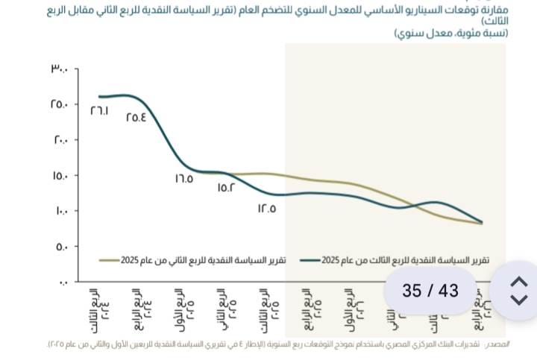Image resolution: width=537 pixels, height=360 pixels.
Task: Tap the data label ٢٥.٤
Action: tap(136, 116)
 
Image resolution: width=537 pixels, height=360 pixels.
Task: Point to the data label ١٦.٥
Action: tap(184, 179)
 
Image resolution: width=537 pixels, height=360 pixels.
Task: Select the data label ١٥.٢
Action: tap(226, 188)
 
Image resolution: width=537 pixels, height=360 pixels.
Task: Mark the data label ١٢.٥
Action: tap(267, 209)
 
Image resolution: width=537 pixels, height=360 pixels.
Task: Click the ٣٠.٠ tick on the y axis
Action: tap(60, 69)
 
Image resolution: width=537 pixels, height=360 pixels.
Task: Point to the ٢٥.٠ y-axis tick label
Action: tap(60, 104)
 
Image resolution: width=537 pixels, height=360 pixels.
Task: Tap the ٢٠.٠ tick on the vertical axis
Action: tap(60, 140)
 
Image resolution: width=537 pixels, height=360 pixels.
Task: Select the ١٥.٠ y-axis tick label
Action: tap(60, 176)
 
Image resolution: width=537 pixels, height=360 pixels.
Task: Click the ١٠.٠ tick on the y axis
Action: tap(60, 211)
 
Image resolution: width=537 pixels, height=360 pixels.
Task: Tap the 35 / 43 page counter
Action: tap(430, 291)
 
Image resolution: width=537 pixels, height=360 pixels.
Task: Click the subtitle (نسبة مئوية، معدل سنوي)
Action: tap(450, 34)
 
